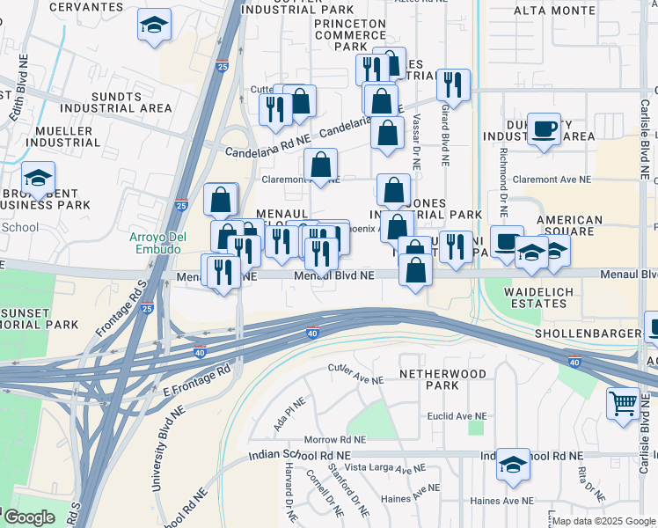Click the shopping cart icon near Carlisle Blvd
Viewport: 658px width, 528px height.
[623, 404]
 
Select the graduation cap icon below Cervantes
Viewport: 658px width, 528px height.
[154, 26]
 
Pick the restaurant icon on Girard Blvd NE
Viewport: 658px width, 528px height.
[453, 85]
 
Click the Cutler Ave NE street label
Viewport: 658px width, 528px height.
[355, 375]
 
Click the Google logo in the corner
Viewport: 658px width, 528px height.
[28, 517]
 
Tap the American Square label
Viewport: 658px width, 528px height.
[569, 226]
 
